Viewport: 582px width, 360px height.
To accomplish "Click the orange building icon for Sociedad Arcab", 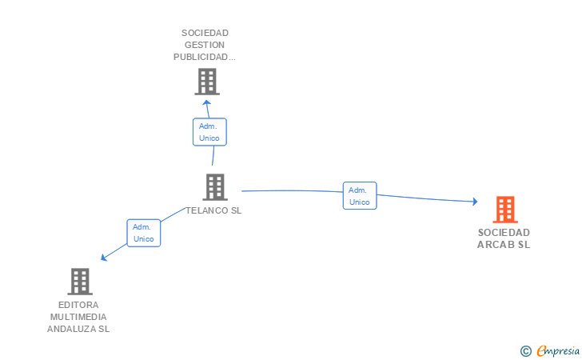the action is coord(505,210).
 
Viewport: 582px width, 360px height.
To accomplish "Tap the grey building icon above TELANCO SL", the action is coord(215,187).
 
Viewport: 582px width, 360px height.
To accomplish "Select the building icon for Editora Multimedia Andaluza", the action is coord(80,282).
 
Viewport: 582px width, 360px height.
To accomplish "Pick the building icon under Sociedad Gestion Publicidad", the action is coord(207,82).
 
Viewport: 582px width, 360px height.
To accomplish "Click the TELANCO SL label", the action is coord(213,210).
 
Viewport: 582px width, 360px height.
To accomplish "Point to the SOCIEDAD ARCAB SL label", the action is coord(504,238).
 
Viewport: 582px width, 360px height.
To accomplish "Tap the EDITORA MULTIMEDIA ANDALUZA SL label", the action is coord(78,317).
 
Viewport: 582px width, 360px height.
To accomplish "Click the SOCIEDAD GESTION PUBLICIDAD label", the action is coord(205,45).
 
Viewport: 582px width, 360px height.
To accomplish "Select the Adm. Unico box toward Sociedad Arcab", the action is coord(360,196).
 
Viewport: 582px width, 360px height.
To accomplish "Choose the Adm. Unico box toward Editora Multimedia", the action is coord(144,233).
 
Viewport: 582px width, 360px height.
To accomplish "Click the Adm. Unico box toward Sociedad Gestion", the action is coord(209,132).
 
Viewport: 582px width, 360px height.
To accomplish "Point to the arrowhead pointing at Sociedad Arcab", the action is coord(475,202).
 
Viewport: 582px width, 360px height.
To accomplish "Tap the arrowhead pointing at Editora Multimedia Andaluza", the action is coord(104,258).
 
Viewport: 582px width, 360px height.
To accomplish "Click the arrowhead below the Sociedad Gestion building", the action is coord(207,102).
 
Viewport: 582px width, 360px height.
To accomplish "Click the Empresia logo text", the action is coord(558,350).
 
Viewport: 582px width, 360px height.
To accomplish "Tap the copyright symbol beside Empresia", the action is coord(526,351).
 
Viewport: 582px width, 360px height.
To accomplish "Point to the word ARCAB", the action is coord(496,245).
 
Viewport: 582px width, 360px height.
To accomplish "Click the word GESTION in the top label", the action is coord(205,45).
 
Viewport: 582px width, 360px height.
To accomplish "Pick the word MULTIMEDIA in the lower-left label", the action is coord(78,317).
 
